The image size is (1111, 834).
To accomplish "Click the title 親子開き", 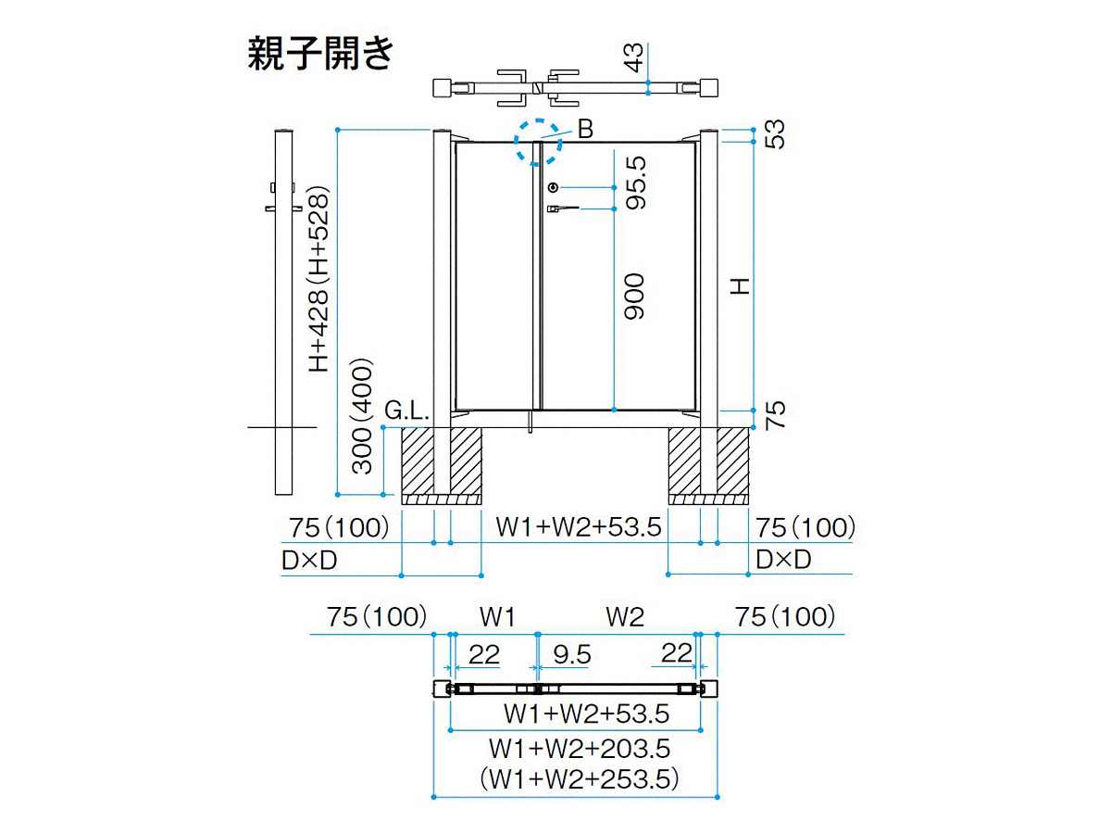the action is pos(320,54).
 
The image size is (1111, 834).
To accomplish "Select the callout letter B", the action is pos(585,129).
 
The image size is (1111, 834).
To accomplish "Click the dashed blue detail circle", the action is pos(538,121).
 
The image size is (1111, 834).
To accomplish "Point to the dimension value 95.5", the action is pos(636,183).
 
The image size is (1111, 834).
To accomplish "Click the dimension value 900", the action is pos(634,297).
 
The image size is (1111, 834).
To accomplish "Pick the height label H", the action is pos(740,286).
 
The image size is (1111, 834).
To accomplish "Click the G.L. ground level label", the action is pos(406,411).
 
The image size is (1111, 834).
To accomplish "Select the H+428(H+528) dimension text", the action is pos(319,280).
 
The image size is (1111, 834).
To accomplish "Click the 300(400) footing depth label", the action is pos(362,416).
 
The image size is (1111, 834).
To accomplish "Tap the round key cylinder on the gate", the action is pos(554,188).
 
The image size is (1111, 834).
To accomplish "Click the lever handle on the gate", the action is pos(562,208).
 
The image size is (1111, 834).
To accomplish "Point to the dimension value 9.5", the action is pos(572,655).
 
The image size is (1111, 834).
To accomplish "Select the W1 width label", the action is pos(497,617).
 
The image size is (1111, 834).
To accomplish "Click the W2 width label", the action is pos(625,617).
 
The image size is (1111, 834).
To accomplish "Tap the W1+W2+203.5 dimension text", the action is pos(580,749).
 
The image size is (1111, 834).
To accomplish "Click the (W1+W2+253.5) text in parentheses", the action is pos(580,779).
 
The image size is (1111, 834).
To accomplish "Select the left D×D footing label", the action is pos(309,561).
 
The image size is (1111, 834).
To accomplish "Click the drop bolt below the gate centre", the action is pos(530,422).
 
